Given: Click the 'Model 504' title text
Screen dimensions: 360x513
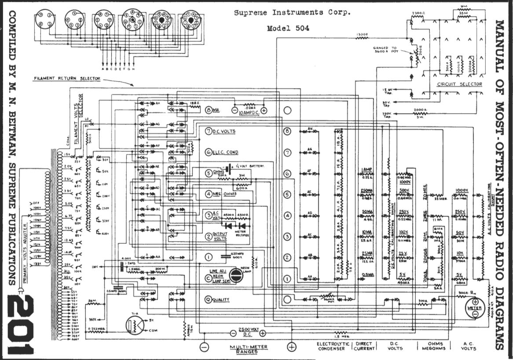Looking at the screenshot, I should [288, 29].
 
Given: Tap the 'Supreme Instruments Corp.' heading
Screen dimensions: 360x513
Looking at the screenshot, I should [292, 12].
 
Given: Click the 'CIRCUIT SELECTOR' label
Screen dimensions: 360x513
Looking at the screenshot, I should [460, 84].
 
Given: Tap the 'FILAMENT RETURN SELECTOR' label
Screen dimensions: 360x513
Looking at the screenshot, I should [67, 79].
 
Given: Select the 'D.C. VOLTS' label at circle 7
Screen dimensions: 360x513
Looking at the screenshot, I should [224, 132].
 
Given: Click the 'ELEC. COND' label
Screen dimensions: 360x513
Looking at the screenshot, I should [225, 152].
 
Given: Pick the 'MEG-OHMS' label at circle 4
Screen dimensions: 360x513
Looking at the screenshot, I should [224, 194].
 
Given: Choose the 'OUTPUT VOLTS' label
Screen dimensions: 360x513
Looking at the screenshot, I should [220, 236].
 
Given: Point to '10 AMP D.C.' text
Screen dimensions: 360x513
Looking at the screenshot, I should [249, 112].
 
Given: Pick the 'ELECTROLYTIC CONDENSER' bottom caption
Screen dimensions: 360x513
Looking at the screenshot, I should [333, 346].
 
